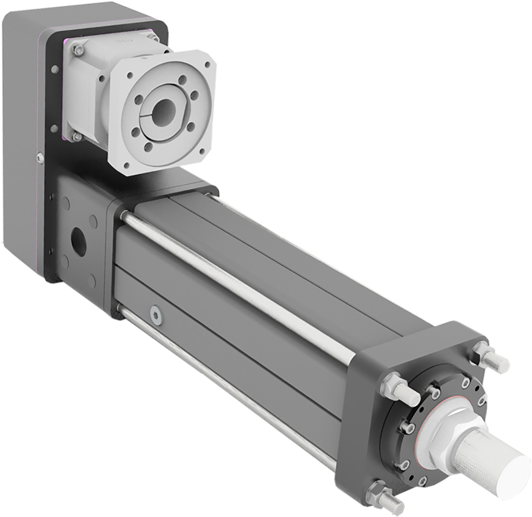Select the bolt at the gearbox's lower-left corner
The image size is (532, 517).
pyautogui.click(x=77, y=136)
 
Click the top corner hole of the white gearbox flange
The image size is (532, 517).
pyautogui.click(x=208, y=65)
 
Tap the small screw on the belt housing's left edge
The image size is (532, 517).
pyautogui.click(x=40, y=158)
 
